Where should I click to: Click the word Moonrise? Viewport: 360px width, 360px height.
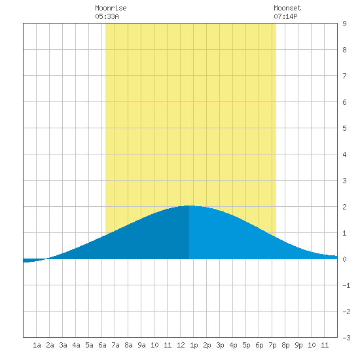(111, 8)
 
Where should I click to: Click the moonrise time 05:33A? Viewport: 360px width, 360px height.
(107, 16)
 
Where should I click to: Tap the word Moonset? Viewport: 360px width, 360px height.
(287, 8)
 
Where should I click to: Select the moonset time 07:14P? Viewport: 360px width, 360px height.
(285, 16)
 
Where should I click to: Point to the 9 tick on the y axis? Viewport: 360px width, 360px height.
(344, 24)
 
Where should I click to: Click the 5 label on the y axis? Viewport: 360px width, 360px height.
(344, 128)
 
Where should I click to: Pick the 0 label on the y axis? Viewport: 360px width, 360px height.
(344, 259)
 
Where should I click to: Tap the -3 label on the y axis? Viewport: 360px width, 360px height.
(346, 338)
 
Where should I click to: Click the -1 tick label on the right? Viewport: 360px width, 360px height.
(346, 285)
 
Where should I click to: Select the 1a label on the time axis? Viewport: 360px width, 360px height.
(37, 345)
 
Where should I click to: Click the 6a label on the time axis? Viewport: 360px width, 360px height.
(102, 345)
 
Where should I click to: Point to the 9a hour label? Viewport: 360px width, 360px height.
(141, 345)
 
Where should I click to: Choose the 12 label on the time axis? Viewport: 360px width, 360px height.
(181, 345)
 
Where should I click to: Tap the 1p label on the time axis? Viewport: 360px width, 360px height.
(194, 345)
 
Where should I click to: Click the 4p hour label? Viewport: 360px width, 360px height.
(233, 345)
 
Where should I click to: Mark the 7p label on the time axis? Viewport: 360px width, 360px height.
(272, 345)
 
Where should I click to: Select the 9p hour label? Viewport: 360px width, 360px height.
(298, 345)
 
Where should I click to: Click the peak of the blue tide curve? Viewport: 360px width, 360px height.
(189, 206)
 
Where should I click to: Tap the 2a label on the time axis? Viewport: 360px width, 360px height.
(50, 345)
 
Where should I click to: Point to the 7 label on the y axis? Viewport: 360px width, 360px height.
(344, 76)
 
